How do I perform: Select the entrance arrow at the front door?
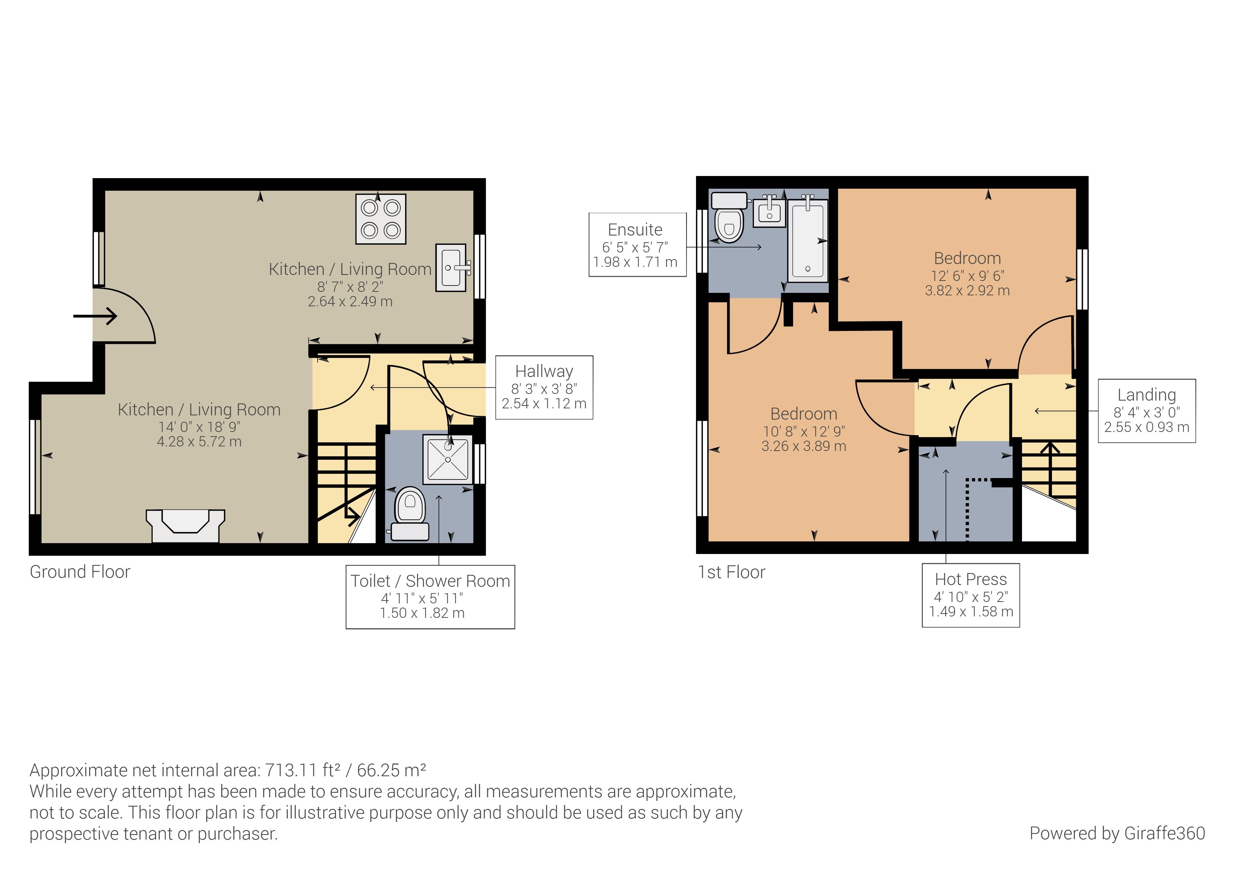pyautogui.click(x=95, y=316)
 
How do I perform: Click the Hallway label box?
pyautogui.click(x=544, y=387)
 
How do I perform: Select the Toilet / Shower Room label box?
pyautogui.click(x=430, y=597)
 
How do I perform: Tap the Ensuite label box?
pyautogui.click(x=638, y=245)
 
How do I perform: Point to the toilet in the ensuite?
pyautogui.click(x=729, y=217)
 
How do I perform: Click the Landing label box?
pyautogui.click(x=1147, y=411)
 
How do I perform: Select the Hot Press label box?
pyautogui.click(x=971, y=595)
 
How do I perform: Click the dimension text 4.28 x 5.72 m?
pyautogui.click(x=199, y=442)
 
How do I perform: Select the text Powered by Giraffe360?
pyautogui.click(x=1117, y=833)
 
